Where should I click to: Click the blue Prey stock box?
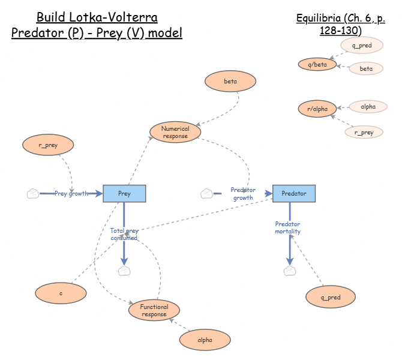coord(124,193)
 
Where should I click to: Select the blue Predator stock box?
coord(293,193)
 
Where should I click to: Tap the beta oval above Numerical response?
coord(230,81)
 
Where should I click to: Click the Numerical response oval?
coord(175,132)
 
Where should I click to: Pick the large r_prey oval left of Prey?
coord(48,144)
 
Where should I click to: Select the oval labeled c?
coord(61,293)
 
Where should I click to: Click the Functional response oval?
coord(154,310)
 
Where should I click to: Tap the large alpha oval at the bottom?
coord(205,340)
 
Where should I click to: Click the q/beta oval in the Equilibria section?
coord(317,64)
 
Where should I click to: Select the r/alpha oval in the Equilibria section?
coord(317,109)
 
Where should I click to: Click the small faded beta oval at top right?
coord(366,68)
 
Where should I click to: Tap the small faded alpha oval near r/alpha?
coord(368,107)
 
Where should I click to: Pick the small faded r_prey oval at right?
coord(364,132)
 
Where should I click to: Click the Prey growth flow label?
coord(71,193)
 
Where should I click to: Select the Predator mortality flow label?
coord(288,227)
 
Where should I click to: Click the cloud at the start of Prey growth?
coord(33,193)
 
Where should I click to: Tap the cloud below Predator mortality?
coord(290,271)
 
